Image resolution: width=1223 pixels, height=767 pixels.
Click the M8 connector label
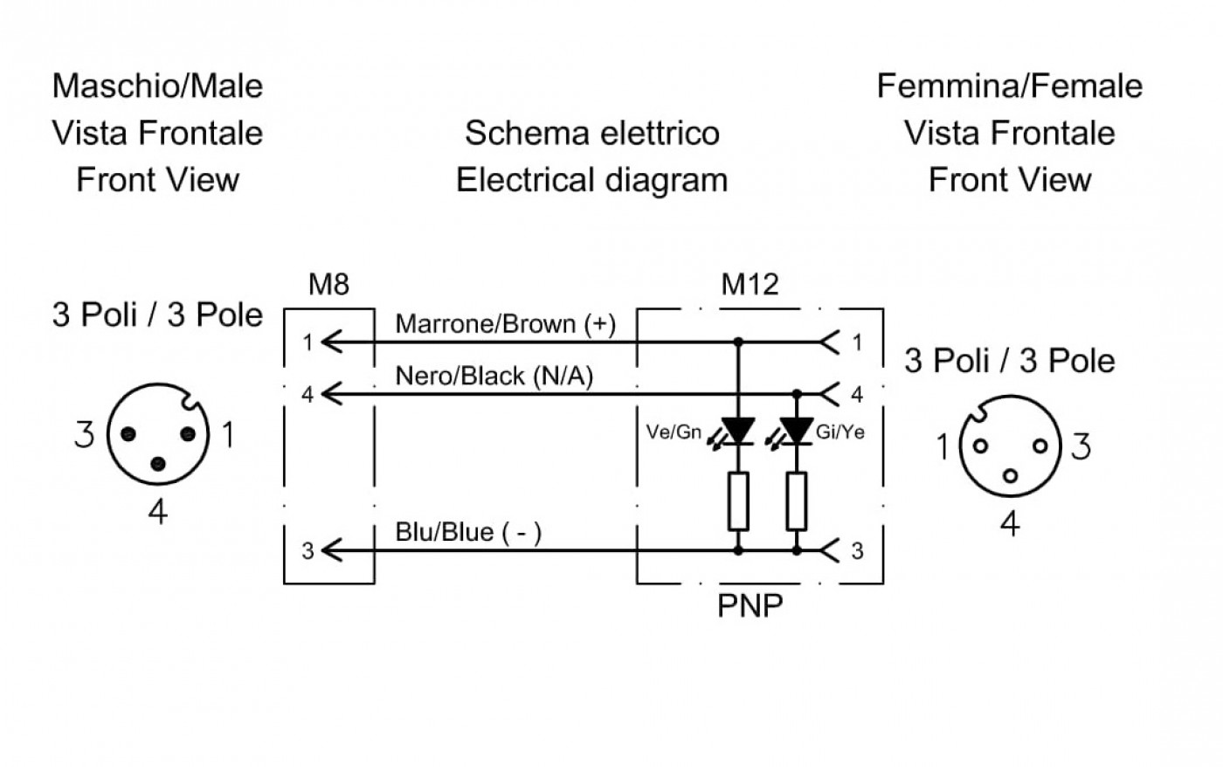click(328, 285)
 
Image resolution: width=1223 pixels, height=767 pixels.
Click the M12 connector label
click(750, 285)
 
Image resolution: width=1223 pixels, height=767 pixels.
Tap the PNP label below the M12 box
click(750, 605)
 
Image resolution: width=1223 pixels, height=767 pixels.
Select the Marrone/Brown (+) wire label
click(506, 324)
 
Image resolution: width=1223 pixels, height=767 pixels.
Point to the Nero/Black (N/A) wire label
click(494, 377)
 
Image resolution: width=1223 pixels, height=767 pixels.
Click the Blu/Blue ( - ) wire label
click(468, 532)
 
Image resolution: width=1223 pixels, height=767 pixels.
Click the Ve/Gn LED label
click(674, 432)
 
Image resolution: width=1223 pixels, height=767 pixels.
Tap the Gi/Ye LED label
click(840, 432)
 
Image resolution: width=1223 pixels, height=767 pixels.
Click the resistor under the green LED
click(738, 501)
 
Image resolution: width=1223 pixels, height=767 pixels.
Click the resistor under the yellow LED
click(797, 501)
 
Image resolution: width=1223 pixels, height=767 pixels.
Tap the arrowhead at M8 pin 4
click(331, 394)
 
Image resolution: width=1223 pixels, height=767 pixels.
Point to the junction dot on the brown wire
click(738, 342)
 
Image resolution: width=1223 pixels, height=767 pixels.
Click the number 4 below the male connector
click(158, 512)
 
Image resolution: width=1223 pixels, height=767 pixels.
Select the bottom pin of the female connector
click(1010, 476)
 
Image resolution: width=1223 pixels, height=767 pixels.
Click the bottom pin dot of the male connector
click(158, 465)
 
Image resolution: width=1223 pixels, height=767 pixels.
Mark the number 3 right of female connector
click(1081, 446)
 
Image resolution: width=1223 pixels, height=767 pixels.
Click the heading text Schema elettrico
click(592, 133)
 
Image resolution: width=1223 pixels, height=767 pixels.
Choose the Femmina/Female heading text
click(1010, 86)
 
